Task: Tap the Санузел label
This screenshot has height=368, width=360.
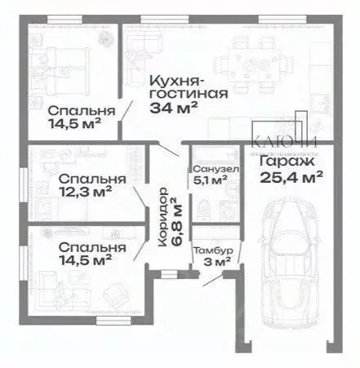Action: click(216, 169)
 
